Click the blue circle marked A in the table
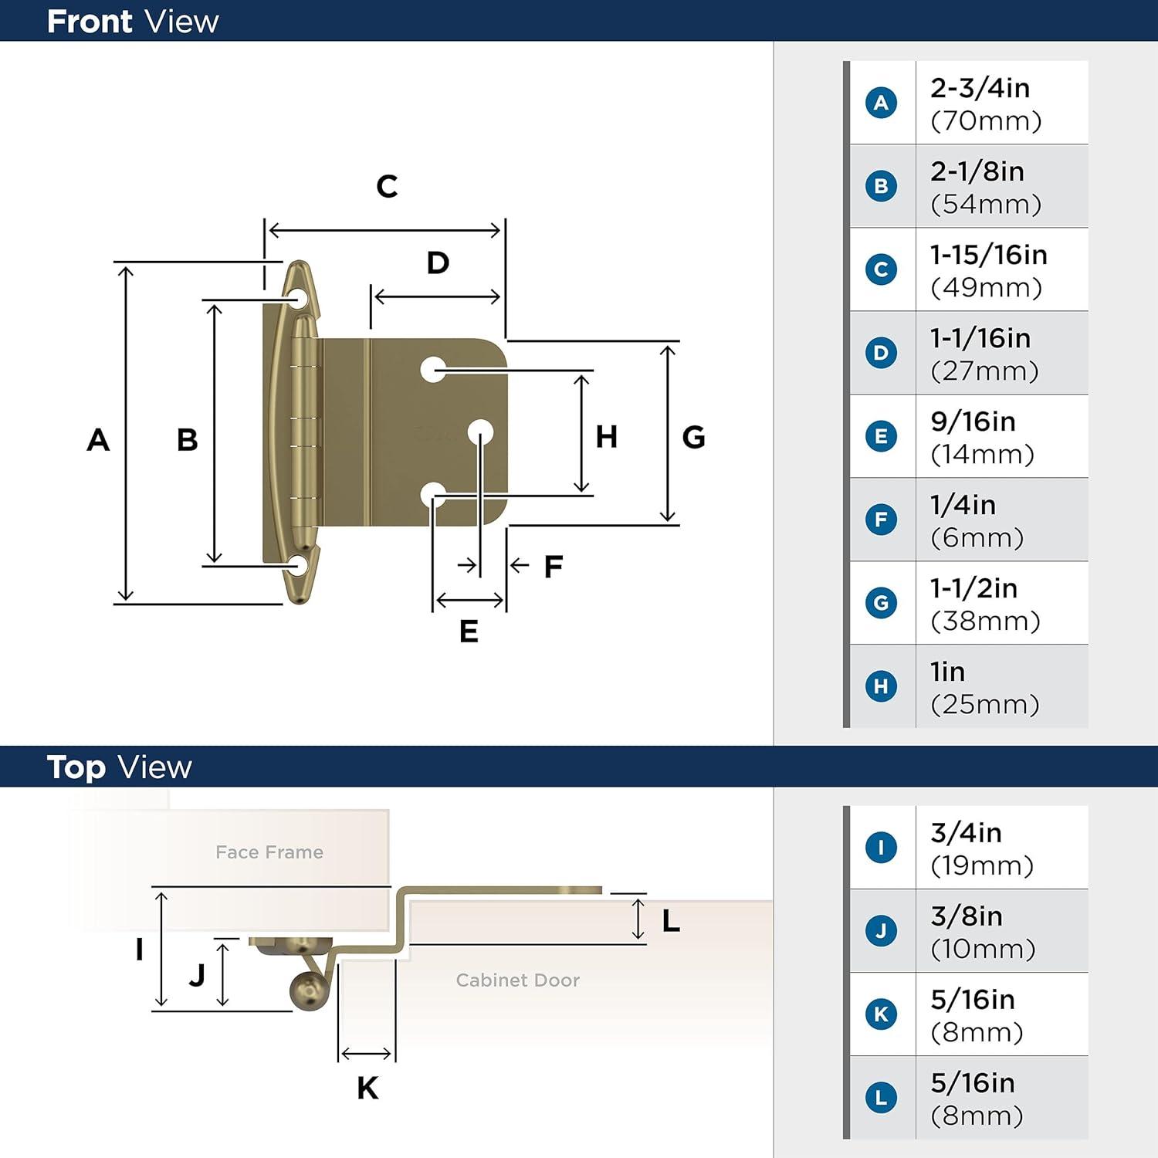(881, 103)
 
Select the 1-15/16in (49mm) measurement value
(988, 270)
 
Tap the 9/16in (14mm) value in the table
(982, 437)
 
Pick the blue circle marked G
(881, 603)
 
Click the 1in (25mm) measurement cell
(984, 687)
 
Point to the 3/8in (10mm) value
(982, 931)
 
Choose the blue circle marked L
(881, 1098)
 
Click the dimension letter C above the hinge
(387, 186)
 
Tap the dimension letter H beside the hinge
(606, 437)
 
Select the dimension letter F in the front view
(553, 567)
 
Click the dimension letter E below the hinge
(469, 631)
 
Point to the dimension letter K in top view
(367, 1088)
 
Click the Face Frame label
(269, 852)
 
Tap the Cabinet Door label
(517, 980)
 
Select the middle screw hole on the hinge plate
(480, 432)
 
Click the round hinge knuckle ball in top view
(308, 990)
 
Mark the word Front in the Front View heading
(90, 22)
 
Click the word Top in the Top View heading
(76, 767)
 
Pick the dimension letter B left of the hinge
(187, 440)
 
